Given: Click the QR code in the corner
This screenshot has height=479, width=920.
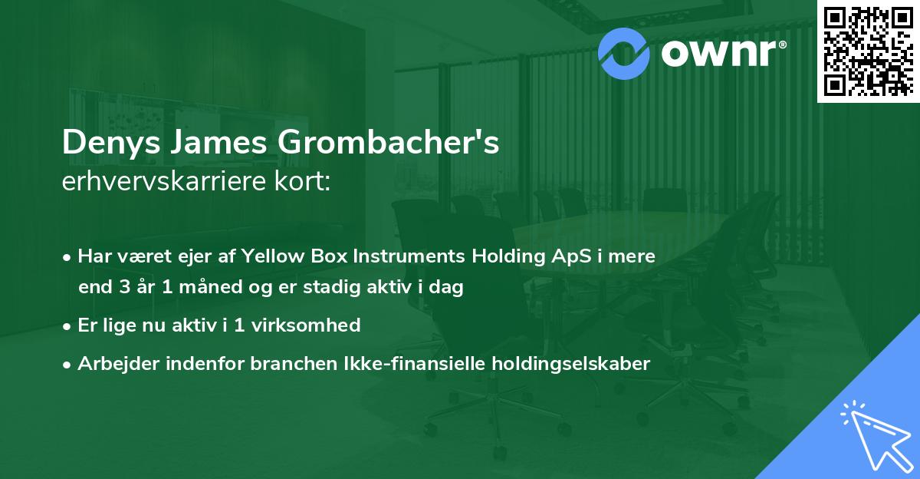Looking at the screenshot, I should [x=869, y=51].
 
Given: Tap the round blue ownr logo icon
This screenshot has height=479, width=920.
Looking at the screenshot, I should [x=625, y=51].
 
